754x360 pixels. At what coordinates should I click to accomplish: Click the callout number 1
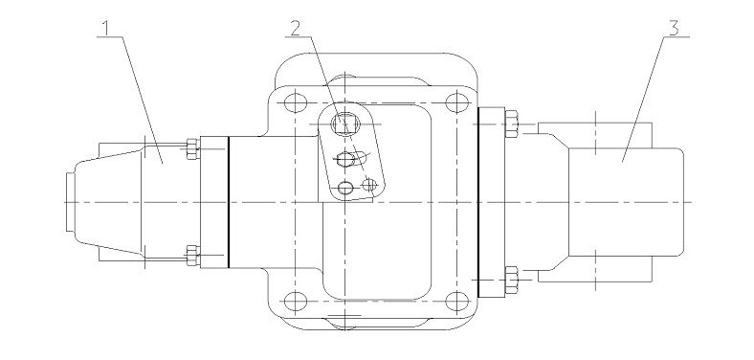pos(108,29)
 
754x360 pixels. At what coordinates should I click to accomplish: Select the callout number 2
pos(297,29)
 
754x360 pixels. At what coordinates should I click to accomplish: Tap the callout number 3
pos(674,29)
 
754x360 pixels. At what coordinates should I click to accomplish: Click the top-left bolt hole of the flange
pos(296,102)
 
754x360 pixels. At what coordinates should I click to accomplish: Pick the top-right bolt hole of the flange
pos(456,102)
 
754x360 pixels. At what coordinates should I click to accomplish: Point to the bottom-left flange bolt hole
pos(296,302)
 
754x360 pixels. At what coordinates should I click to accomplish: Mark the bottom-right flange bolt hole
pos(456,302)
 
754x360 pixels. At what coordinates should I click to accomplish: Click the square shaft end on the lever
pos(345,124)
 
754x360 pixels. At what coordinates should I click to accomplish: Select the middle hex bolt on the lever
pos(345,158)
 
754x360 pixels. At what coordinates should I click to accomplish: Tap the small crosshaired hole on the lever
pos(369,184)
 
